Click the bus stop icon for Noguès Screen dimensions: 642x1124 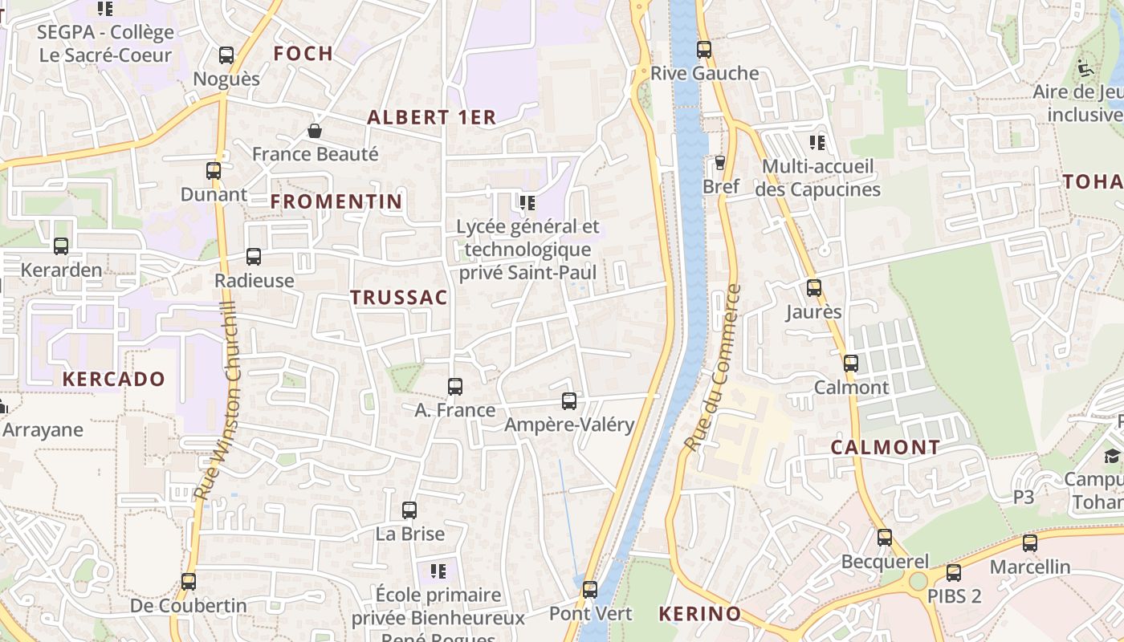point(226,55)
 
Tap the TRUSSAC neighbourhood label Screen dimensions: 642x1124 point(398,298)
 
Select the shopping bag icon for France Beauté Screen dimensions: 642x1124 point(315,131)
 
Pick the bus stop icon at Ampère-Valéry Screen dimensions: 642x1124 point(569,400)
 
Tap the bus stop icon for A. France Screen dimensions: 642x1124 point(455,387)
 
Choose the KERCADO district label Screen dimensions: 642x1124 point(114,379)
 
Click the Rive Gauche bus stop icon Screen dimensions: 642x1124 point(704,49)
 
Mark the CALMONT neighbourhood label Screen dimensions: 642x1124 point(885,448)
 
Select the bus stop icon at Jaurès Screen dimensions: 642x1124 point(814,288)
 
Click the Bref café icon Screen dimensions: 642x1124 point(720,163)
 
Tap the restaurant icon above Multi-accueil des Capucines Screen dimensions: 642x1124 point(817,143)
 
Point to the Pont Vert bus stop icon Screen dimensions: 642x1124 point(590,590)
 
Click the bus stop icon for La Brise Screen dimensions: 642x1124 point(409,510)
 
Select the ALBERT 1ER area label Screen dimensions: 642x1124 point(432,117)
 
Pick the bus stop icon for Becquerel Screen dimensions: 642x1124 point(885,538)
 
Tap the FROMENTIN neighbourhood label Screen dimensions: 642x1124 point(336,201)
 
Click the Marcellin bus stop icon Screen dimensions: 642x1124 point(1030,543)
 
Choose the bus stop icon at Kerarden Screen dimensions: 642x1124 point(61,246)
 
